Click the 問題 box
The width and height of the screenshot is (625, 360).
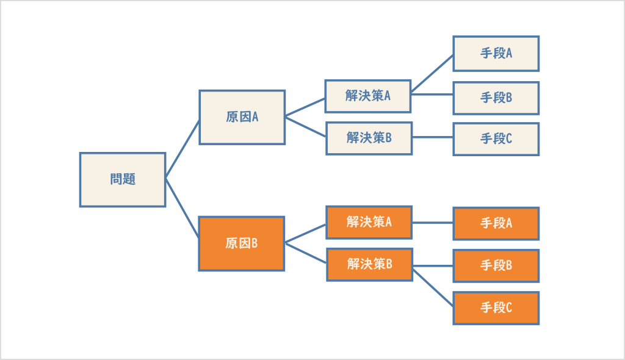pos(123,180)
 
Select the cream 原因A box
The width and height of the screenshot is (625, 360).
pos(242,117)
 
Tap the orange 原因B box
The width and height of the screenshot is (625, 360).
pos(242,243)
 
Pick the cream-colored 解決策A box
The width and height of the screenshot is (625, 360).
pos(367,96)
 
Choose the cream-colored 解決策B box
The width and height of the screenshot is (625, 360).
pos(369,138)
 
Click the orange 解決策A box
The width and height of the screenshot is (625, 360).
pos(369,222)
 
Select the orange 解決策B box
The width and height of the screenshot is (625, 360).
pos(369,264)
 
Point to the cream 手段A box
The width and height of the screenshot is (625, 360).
pos(496,54)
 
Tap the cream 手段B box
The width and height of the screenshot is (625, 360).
pos(496,98)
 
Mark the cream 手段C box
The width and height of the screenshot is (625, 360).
pos(496,139)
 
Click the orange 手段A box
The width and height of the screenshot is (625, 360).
pos(496,223)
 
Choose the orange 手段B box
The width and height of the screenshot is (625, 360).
pos(496,265)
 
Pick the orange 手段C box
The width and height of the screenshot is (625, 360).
pos(496,308)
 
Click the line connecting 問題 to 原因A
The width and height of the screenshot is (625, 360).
pos(182,149)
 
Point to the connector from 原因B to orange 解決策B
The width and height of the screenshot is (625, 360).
pos(306,253)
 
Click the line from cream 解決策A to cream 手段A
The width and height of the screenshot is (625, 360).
pos(433,74)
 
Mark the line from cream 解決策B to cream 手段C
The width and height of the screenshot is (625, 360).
pos(433,138)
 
